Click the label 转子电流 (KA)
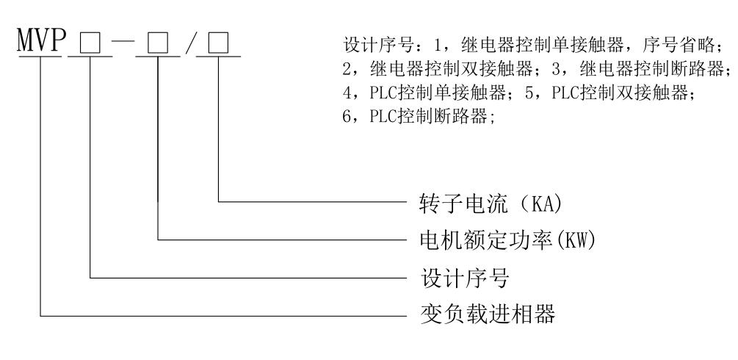(x=482, y=201)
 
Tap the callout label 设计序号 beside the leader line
(x=455, y=278)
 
